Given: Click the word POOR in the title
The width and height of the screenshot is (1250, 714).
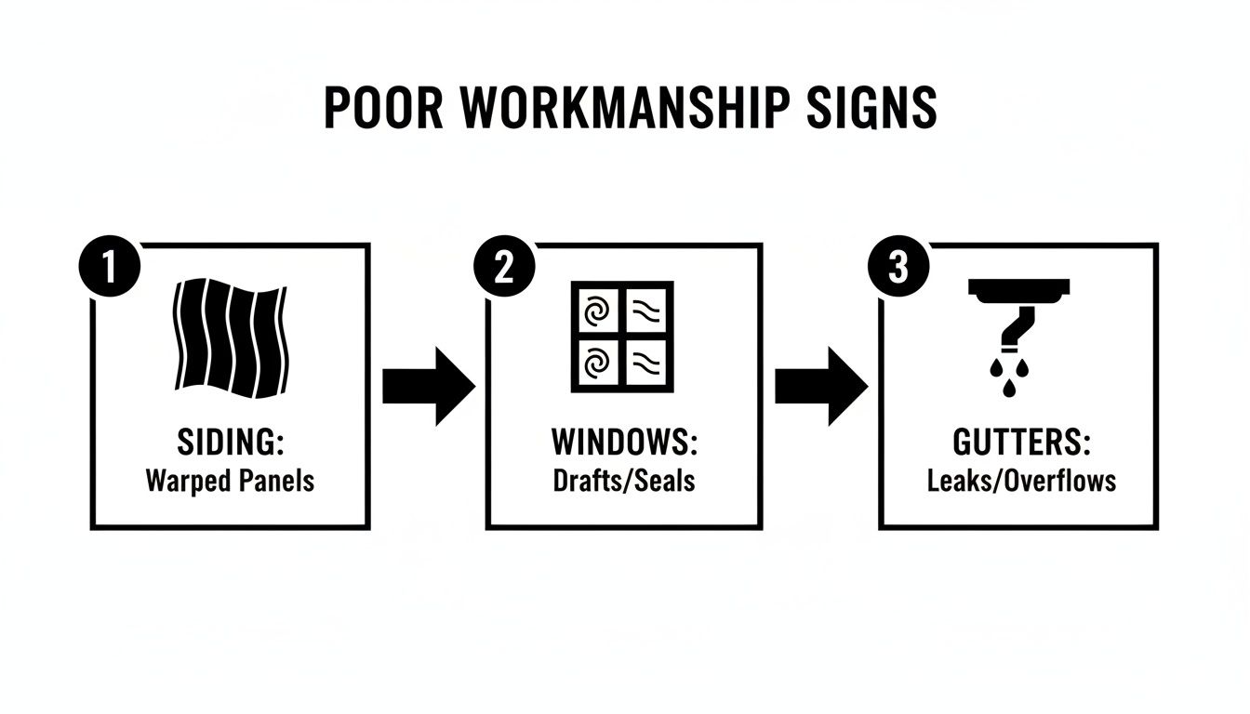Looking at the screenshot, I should pos(383,108).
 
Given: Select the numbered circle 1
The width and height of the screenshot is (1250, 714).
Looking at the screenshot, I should pos(109,267).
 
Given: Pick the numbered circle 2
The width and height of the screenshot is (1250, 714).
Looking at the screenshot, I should pos(503,267).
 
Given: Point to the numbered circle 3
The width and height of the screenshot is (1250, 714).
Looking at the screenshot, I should pos(898,267).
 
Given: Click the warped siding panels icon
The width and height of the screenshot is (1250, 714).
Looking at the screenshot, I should pos(231,337).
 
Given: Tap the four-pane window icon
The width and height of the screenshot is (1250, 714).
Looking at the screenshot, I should pos(621,336).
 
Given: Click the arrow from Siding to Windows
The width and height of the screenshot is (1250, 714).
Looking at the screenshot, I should pos(428,387).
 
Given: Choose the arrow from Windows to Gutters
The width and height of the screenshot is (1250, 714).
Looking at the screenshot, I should pos(820,387).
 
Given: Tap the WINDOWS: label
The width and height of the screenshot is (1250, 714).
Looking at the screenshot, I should pos(623,443).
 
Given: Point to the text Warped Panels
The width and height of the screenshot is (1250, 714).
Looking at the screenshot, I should pos(230,481).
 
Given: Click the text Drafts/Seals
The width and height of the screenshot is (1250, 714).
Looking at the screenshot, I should pos(623,481).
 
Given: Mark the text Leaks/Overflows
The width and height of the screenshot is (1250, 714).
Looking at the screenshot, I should pos(1021,481).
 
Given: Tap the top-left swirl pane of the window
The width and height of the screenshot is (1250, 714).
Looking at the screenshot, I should pos(595,311).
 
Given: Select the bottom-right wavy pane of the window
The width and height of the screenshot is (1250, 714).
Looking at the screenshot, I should pos(647,361).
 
